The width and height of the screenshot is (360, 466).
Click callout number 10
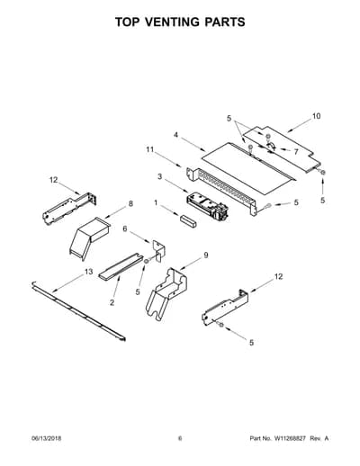pyautogui.click(x=316, y=116)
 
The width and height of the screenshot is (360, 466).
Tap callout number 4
pyautogui.click(x=175, y=135)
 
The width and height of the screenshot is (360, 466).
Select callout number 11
pyautogui.click(x=149, y=149)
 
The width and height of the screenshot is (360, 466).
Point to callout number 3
pyautogui.click(x=159, y=176)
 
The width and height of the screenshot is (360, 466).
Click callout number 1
pyautogui.click(x=156, y=203)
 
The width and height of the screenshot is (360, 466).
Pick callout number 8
pyautogui.click(x=130, y=203)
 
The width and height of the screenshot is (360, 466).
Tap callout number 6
pyautogui.click(x=125, y=229)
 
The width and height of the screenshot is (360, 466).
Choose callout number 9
pyautogui.click(x=206, y=255)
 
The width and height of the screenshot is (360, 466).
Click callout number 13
pyautogui.click(x=89, y=272)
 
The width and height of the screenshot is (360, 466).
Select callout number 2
pyautogui.click(x=112, y=302)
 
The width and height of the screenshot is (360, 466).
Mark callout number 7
pyautogui.click(x=296, y=152)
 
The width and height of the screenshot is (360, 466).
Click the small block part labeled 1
pyautogui.click(x=188, y=221)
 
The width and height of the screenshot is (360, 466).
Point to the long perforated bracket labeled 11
pyautogui.click(x=221, y=191)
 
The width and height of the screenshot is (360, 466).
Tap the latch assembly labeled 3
pyautogui.click(x=207, y=207)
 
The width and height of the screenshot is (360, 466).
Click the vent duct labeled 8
pyautogui.click(x=89, y=237)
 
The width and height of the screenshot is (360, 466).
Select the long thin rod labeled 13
pyautogui.click(x=78, y=311)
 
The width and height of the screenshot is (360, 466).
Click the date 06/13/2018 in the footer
pyautogui.click(x=47, y=438)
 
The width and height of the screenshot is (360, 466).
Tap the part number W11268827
pyautogui.click(x=289, y=438)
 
